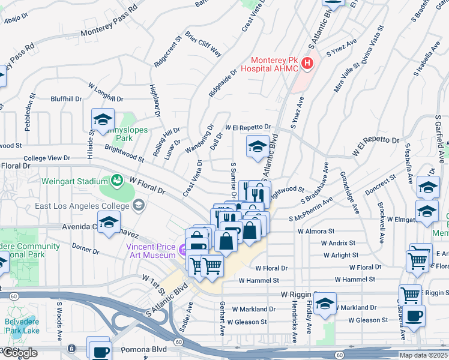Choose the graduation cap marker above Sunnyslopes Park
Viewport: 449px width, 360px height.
103,119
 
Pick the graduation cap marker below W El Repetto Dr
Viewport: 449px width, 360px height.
258,146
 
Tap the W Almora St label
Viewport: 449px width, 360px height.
316,231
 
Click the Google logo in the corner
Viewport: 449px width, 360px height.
20,353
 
